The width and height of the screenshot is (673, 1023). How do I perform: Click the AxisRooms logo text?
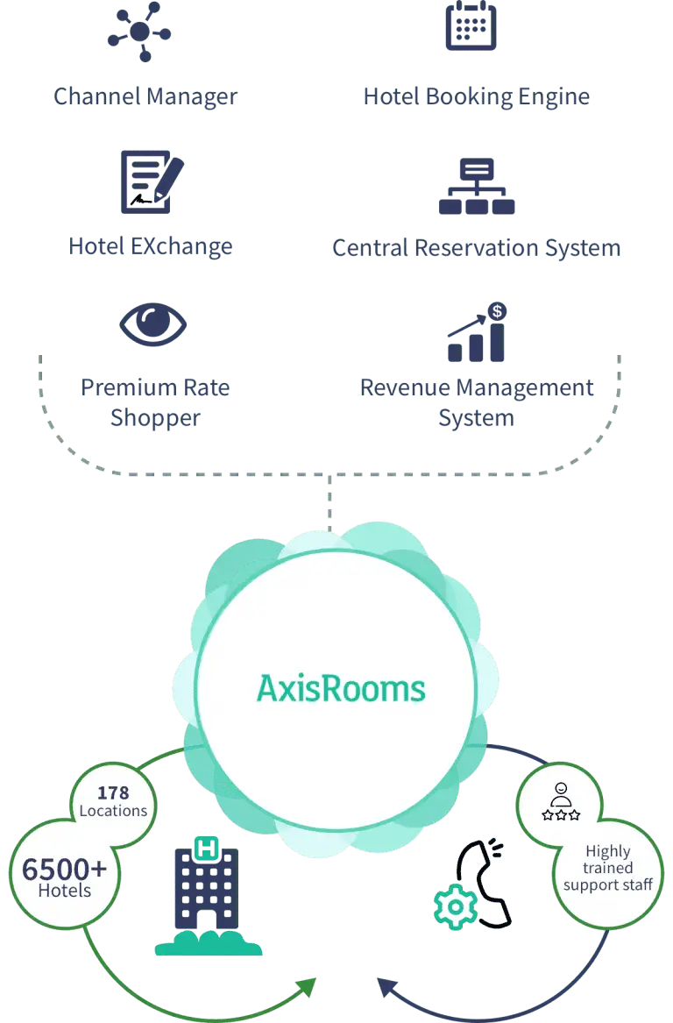[341, 688]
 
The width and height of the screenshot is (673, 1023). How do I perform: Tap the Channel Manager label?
[144, 96]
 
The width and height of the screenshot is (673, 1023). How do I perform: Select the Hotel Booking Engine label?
[477, 96]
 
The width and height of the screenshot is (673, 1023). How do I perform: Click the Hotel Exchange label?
[152, 246]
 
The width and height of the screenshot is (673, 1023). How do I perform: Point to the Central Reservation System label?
[477, 247]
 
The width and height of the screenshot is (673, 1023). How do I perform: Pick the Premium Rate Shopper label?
[154, 401]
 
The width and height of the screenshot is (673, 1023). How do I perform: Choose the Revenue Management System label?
[477, 401]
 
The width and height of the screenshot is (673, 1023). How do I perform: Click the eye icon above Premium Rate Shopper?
[153, 325]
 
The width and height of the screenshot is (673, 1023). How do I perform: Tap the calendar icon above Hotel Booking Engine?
[471, 26]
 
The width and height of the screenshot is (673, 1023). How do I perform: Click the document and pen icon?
[152, 181]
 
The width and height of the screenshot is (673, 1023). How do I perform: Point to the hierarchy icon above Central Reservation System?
[477, 186]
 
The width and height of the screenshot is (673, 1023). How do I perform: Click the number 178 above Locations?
[113, 792]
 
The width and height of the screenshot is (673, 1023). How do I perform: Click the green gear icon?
[456, 907]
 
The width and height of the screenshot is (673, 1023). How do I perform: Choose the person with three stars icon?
[561, 803]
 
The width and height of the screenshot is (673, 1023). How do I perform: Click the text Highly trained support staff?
[608, 868]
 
